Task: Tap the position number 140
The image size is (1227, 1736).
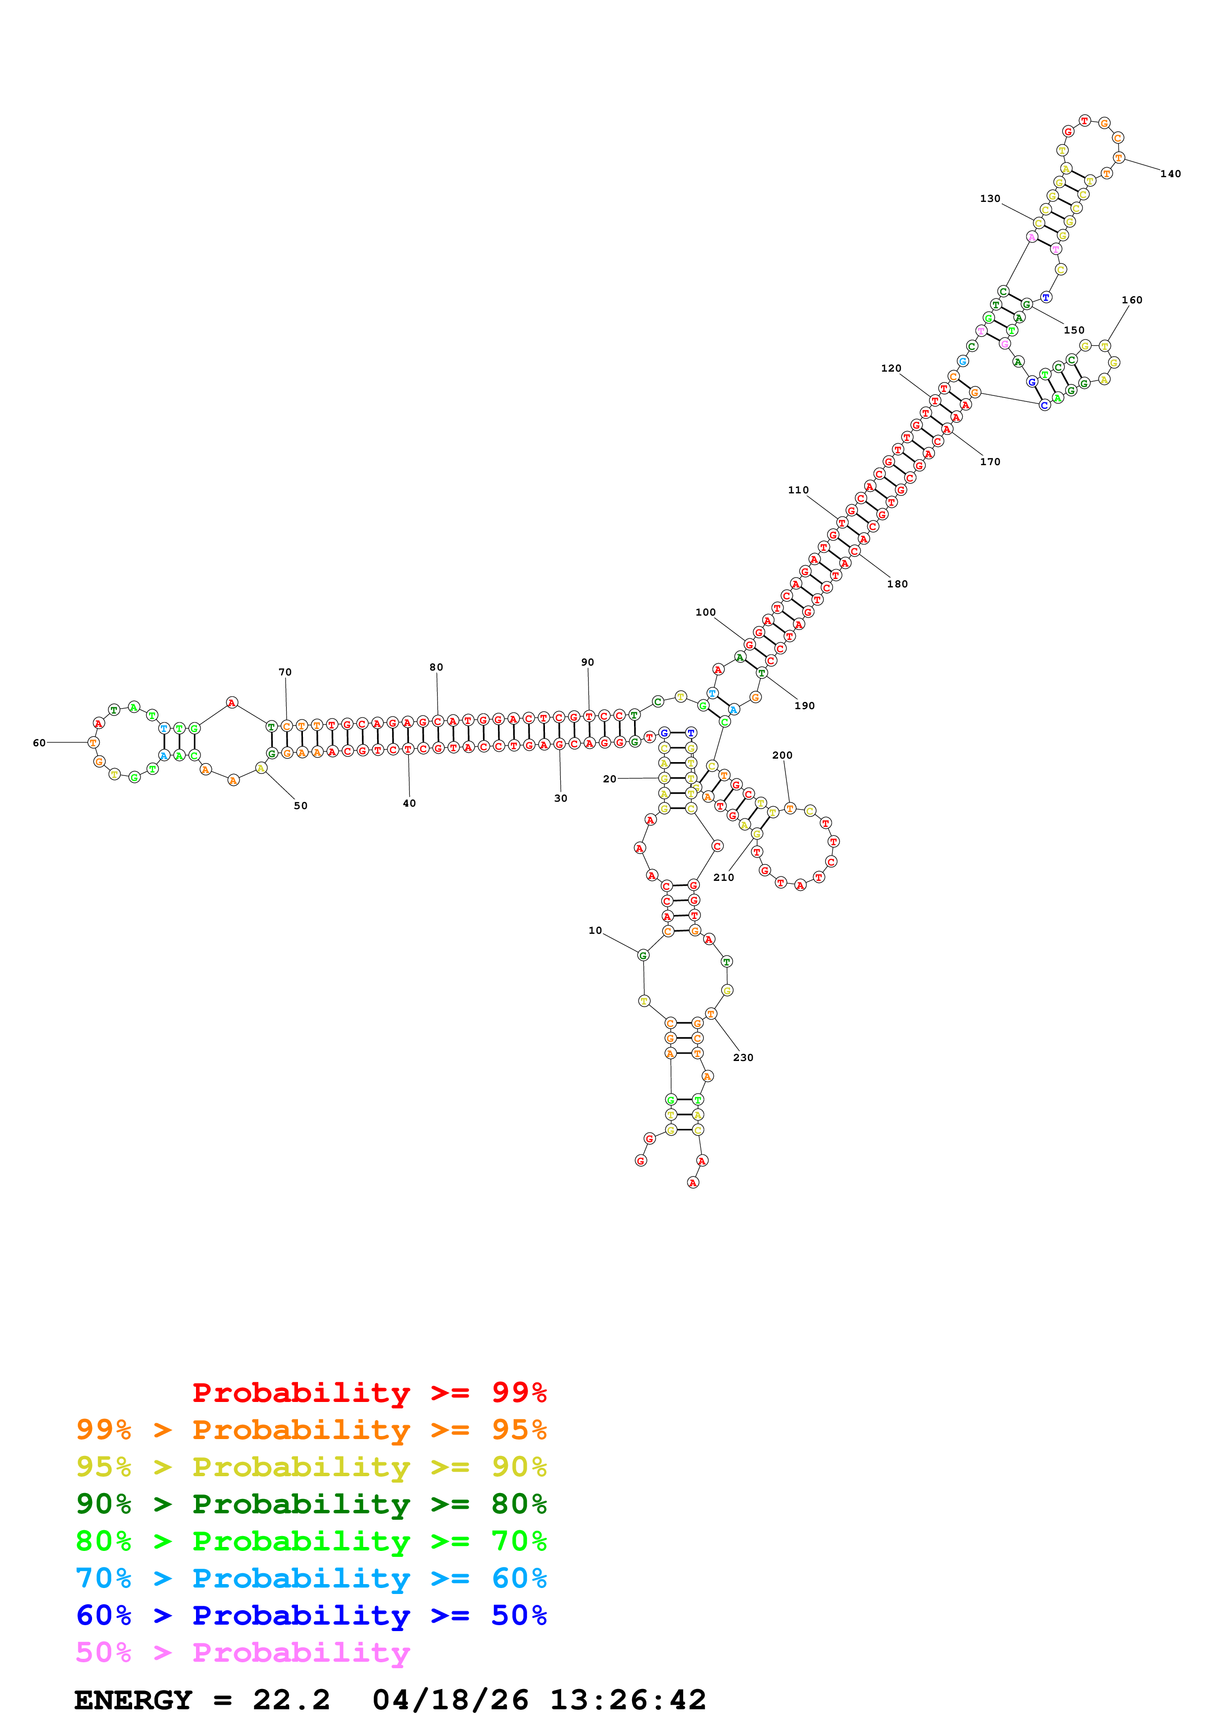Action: click(x=1170, y=174)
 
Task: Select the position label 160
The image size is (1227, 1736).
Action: click(x=1132, y=300)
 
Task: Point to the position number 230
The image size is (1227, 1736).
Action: click(x=742, y=1057)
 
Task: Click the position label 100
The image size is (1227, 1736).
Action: click(x=705, y=613)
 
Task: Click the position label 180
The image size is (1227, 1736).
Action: click(x=897, y=584)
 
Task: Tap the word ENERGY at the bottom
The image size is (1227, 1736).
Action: click(x=133, y=1700)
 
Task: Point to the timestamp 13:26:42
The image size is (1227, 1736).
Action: click(x=628, y=1700)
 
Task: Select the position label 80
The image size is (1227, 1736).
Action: click(x=436, y=667)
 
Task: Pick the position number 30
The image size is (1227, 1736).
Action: click(x=560, y=798)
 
